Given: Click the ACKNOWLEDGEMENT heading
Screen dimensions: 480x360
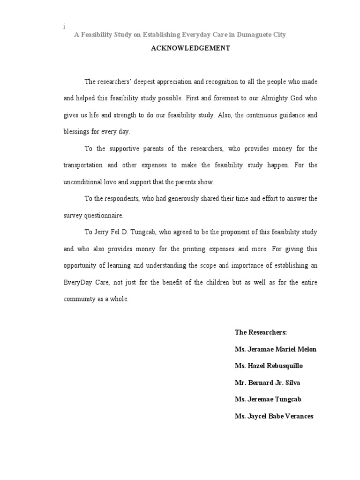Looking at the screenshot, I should click(x=190, y=48).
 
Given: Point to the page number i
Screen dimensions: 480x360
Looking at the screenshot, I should click(x=64, y=27).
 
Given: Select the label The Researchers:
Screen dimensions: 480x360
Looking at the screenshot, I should click(x=261, y=332).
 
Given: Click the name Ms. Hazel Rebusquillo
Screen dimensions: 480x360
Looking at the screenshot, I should click(x=266, y=366).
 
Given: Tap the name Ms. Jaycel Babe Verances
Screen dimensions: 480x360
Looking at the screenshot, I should click(x=274, y=417).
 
